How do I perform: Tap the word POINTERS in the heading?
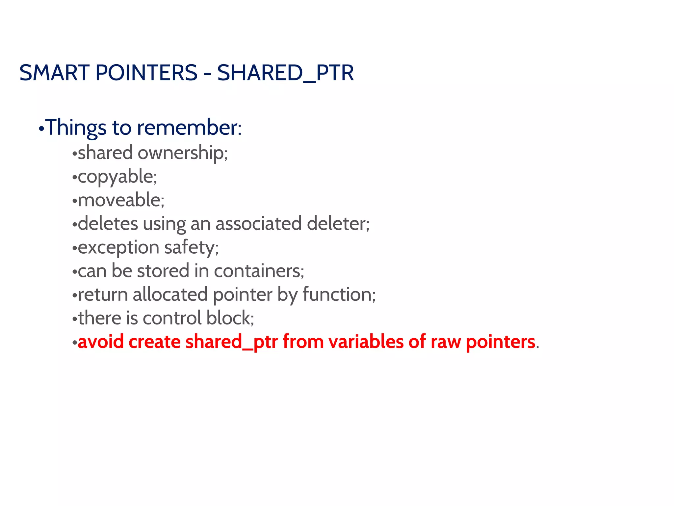pyautogui.click(x=146, y=73)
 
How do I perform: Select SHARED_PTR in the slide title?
pyautogui.click(x=285, y=73)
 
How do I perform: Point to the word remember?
pyautogui.click(x=189, y=127)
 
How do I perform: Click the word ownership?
pyautogui.click(x=183, y=153)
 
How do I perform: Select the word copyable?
pyautogui.click(x=117, y=177)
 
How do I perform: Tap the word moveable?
pyautogui.click(x=120, y=200)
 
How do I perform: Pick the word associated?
pyautogui.click(x=259, y=224)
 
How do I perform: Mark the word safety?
pyautogui.click(x=191, y=248)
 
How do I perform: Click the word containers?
pyautogui.click(x=259, y=271)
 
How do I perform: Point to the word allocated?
pyautogui.click(x=170, y=295)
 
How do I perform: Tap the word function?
pyautogui.click(x=339, y=295)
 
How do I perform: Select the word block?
pyautogui.click(x=230, y=318)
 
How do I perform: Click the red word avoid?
pyautogui.click(x=101, y=342)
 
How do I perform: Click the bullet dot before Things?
pyautogui.click(x=41, y=129)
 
